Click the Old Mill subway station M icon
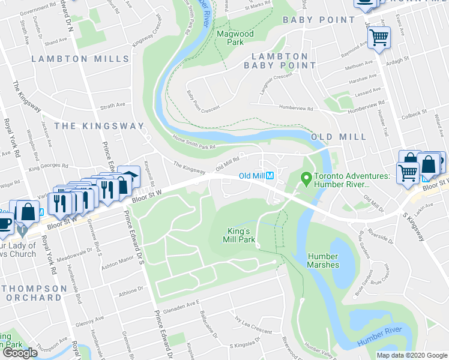270,176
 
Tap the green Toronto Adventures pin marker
306,178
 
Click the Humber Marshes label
323,260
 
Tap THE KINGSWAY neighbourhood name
99,126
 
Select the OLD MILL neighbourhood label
339,137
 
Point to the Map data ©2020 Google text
412,355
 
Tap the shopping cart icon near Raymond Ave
379,37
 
